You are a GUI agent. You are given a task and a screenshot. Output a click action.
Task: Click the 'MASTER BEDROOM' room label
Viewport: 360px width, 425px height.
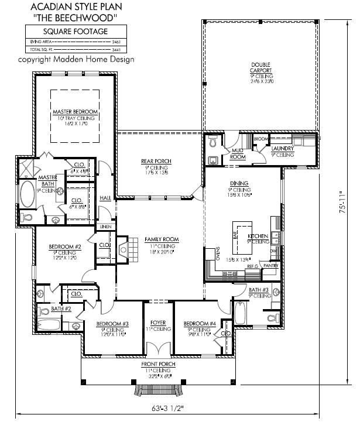(75, 111)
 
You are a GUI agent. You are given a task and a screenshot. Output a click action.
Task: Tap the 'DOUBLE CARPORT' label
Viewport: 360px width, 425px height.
(261, 67)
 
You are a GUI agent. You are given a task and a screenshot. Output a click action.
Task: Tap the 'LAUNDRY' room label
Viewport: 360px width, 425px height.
(282, 149)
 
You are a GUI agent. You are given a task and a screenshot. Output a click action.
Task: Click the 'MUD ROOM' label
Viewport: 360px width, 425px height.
(237, 153)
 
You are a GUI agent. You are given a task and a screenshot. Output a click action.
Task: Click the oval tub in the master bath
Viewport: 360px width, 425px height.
(28, 193)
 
